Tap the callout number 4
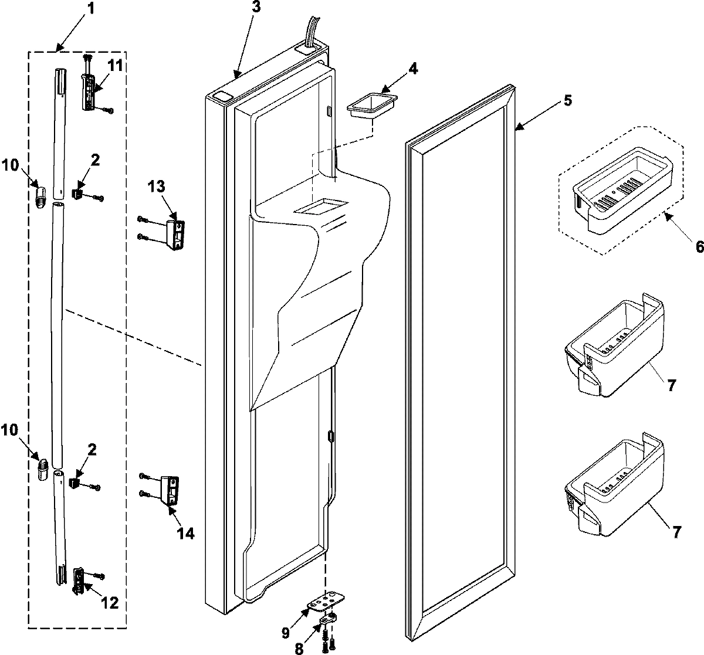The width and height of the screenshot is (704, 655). tap(413, 68)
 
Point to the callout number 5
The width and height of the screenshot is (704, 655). tap(567, 100)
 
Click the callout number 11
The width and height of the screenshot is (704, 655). tap(115, 66)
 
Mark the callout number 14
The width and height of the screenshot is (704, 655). tap(185, 533)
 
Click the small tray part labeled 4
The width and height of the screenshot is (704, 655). tap(371, 107)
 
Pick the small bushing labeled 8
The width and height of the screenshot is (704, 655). tap(329, 619)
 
